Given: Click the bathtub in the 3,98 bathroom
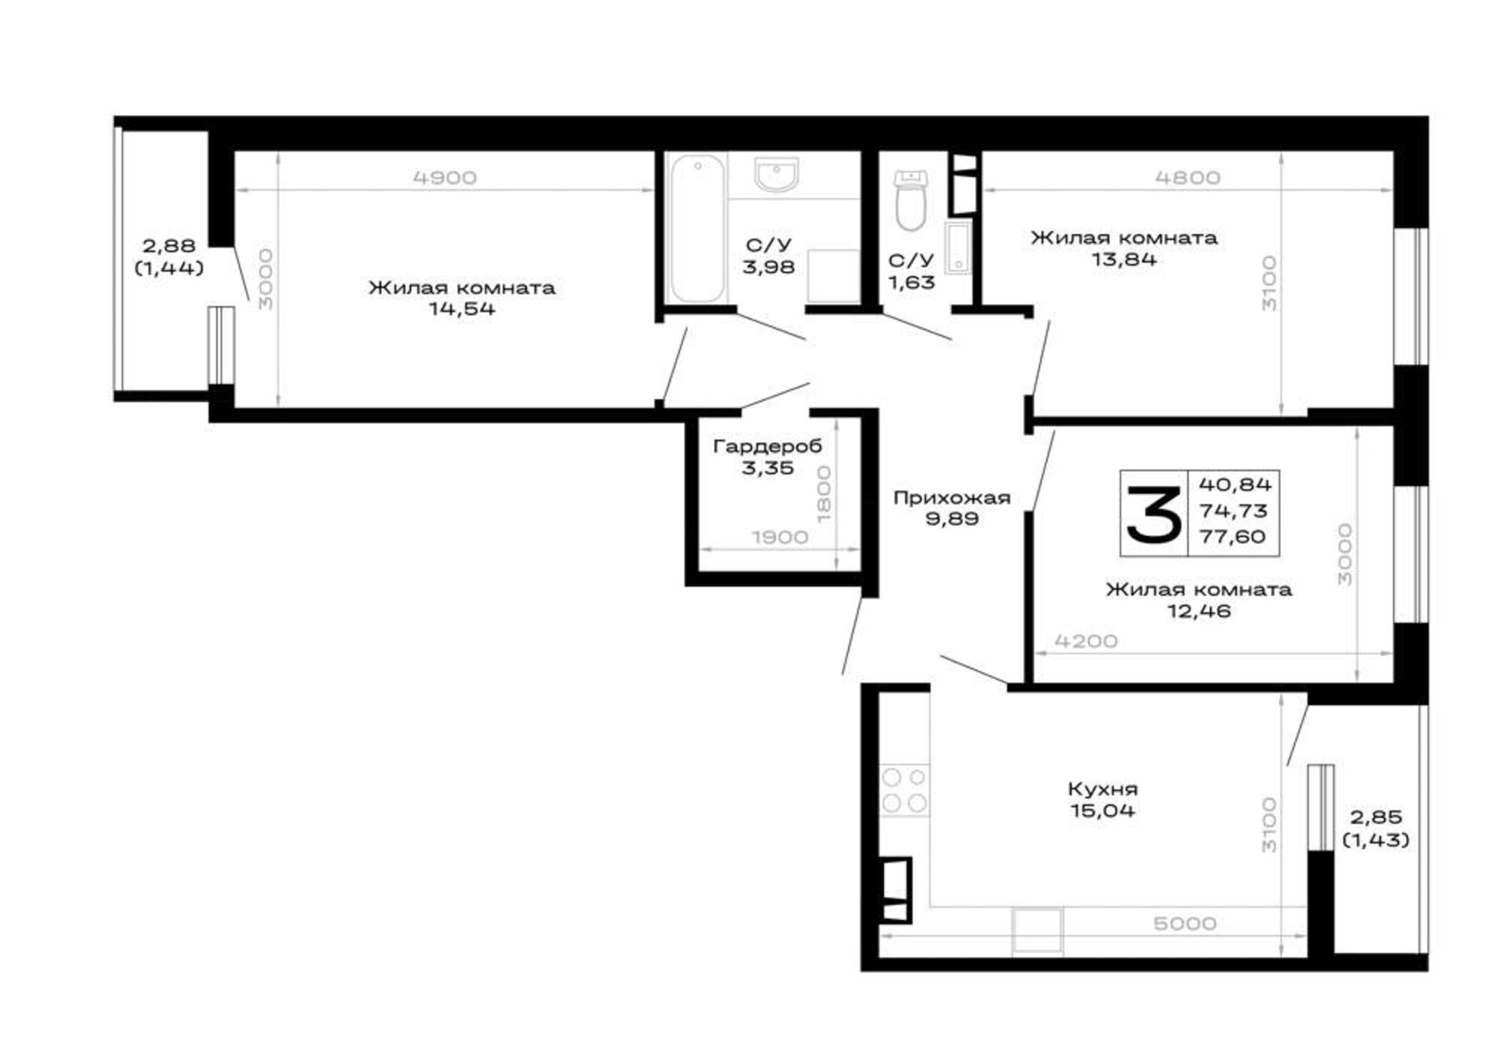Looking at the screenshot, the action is coord(698,228).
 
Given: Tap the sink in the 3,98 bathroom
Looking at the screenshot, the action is coord(778,174).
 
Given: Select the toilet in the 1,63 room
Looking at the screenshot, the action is coord(911,200).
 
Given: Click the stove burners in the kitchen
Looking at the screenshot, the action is coord(904,790).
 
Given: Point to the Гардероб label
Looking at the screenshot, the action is coord(767,446).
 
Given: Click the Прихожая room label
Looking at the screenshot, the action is coord(952,497).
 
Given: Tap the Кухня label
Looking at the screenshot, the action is coord(1102,789).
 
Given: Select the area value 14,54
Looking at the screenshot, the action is coord(462,309).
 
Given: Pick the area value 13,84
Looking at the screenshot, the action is coord(1123,260).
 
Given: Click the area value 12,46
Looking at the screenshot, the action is coord(1199,611).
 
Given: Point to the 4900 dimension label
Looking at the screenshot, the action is coord(445,178).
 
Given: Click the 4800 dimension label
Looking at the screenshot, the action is coord(1187,178).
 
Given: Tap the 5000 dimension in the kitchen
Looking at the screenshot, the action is coord(1184,924).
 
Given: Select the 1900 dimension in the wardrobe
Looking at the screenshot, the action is coord(780,537).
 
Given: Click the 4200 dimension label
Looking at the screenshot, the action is coord(1086,642).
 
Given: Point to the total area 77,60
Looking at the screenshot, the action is coord(1232,537).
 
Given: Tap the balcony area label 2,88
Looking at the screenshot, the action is coord(169,245).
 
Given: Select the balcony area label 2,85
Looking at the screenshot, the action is coord(1376,817).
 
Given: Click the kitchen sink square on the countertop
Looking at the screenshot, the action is coord(1037,930).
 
